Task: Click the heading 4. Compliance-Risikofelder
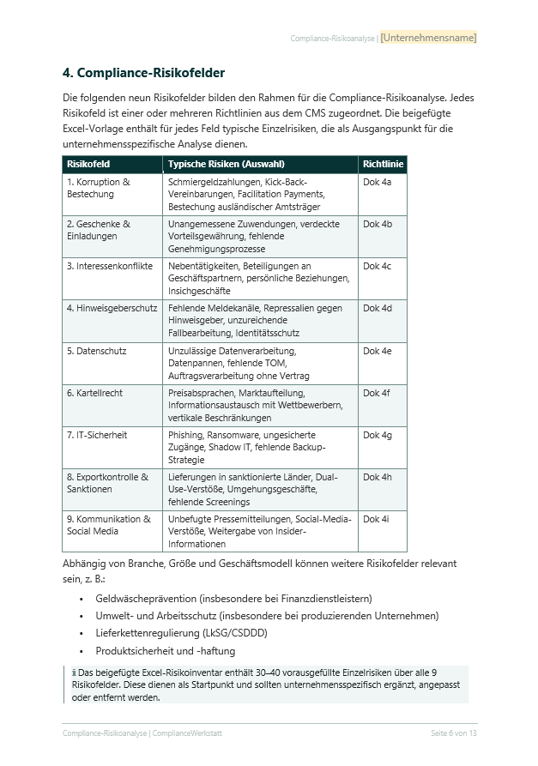click(x=143, y=73)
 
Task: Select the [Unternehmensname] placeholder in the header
click(x=428, y=38)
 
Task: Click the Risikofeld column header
click(x=88, y=164)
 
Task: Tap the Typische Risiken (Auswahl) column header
click(x=226, y=164)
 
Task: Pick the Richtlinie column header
click(x=382, y=164)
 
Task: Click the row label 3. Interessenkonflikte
click(x=109, y=267)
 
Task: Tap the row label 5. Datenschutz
click(x=96, y=351)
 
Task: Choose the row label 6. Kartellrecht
click(x=94, y=393)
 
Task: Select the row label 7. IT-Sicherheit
click(x=96, y=435)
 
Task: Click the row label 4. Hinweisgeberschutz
click(x=112, y=309)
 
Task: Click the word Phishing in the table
click(x=186, y=435)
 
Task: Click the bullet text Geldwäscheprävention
click(x=146, y=599)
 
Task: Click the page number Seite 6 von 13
click(x=453, y=733)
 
